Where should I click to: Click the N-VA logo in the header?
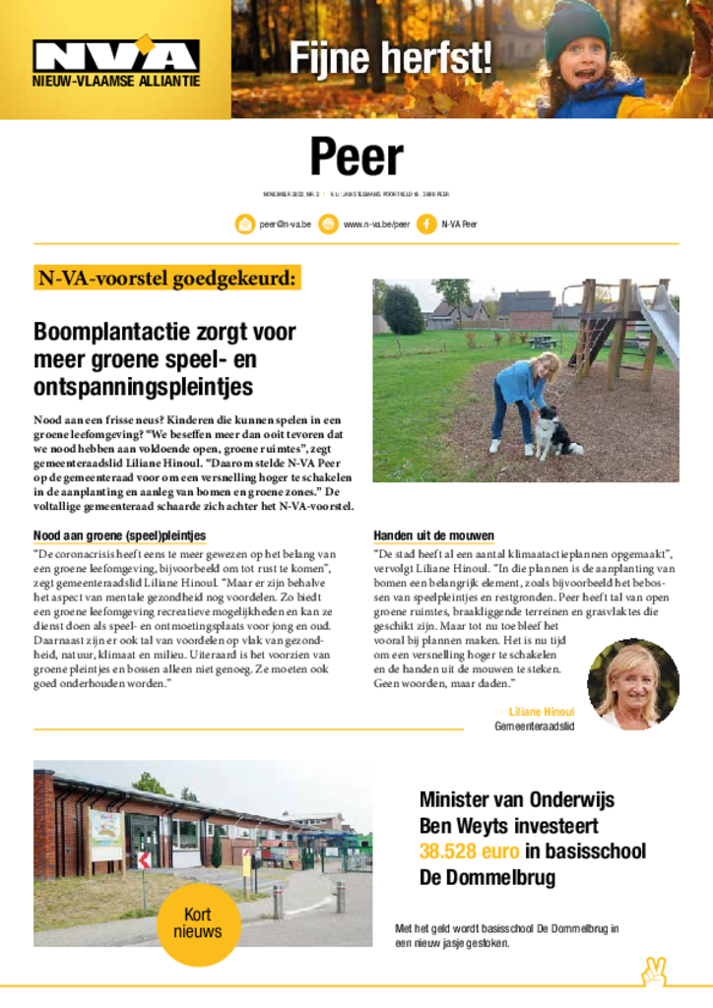[115, 57]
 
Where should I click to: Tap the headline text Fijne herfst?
[390, 58]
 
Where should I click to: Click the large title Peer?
[356, 157]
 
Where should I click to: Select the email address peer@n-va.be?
[286, 224]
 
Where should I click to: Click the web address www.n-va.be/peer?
[376, 224]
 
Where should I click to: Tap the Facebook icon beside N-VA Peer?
[426, 224]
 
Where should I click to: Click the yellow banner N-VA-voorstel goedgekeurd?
[166, 279]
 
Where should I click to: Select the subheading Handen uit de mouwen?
[433, 535]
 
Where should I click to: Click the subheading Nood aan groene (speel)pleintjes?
[119, 535]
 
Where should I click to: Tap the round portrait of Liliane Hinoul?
[632, 684]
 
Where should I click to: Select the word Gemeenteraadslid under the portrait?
[534, 726]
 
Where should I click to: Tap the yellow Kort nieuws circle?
[198, 922]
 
